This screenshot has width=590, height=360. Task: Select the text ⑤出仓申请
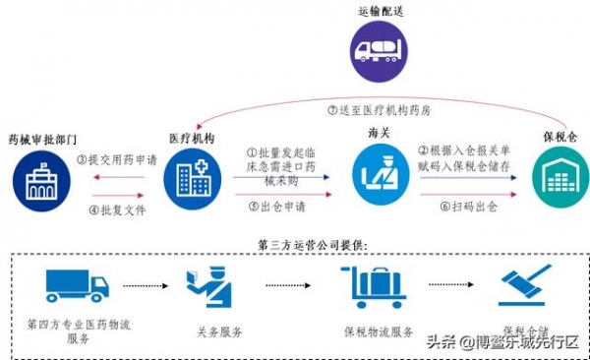tap(276, 208)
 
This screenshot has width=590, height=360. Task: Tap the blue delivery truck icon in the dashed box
tap(76, 284)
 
